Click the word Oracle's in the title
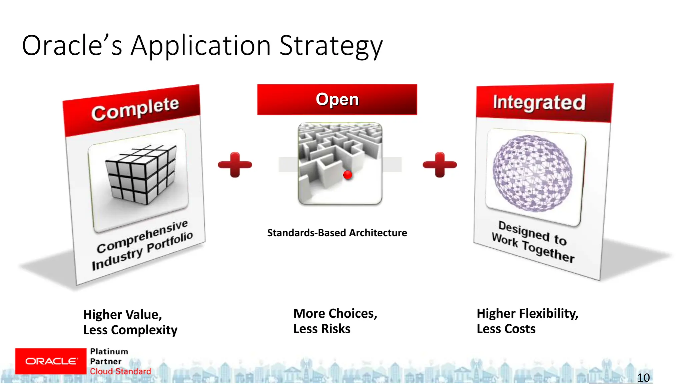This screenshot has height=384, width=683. tap(72, 46)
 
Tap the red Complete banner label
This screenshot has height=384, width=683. tap(135, 108)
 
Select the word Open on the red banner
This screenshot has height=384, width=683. tap(337, 99)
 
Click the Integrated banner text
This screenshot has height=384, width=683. tap(539, 102)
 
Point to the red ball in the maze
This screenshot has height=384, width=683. tap(348, 175)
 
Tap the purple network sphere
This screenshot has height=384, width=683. tap(533, 173)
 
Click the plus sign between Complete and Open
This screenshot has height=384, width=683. tap(235, 165)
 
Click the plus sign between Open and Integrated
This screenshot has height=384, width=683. tap(440, 165)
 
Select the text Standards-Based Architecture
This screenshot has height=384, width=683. tap(337, 233)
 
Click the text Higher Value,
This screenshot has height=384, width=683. tap(122, 315)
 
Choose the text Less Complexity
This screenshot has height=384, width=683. tap(130, 330)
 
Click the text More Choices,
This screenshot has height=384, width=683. tap(335, 314)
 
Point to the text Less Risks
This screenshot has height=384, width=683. tap(321, 329)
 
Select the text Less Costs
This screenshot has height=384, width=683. tap(506, 329)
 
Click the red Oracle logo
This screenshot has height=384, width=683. tap(51, 361)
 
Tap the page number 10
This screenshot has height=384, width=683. tap(643, 378)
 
